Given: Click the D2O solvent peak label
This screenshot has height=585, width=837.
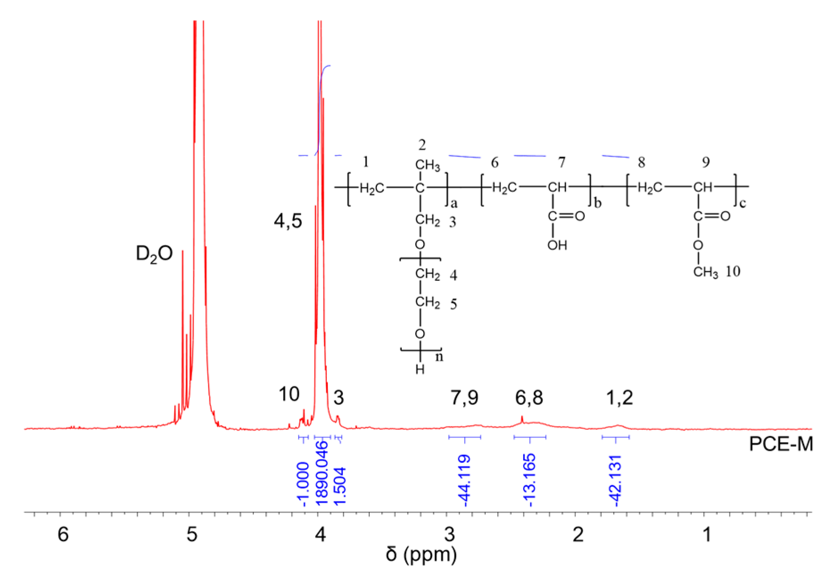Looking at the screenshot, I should tap(154, 254).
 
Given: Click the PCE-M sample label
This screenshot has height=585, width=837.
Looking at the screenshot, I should tap(780, 444).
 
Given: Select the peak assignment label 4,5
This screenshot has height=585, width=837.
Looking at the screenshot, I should tap(288, 221).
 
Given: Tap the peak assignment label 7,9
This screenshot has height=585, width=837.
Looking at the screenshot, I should tap(464, 398).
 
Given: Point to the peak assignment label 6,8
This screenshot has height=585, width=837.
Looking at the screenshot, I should tap(529, 398).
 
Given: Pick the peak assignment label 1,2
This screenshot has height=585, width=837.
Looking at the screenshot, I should tap(619, 398).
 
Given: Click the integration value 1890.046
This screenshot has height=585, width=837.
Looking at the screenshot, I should tap(322, 473).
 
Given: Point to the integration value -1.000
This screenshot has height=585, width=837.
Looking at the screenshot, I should tap(303, 484).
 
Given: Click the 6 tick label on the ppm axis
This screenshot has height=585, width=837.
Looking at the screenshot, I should tap(63, 534).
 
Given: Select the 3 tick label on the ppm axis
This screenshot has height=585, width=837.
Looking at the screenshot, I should tap(449, 534).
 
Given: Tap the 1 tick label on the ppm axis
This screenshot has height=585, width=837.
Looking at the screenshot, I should tap(707, 534).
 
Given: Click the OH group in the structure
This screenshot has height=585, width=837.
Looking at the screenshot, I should tap(557, 245).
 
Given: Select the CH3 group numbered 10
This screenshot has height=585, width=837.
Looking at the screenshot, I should tap(705, 272).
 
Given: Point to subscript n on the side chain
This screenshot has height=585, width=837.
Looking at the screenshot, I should tap(439, 357).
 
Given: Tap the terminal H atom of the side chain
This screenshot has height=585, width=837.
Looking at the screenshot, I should tap(420, 370).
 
